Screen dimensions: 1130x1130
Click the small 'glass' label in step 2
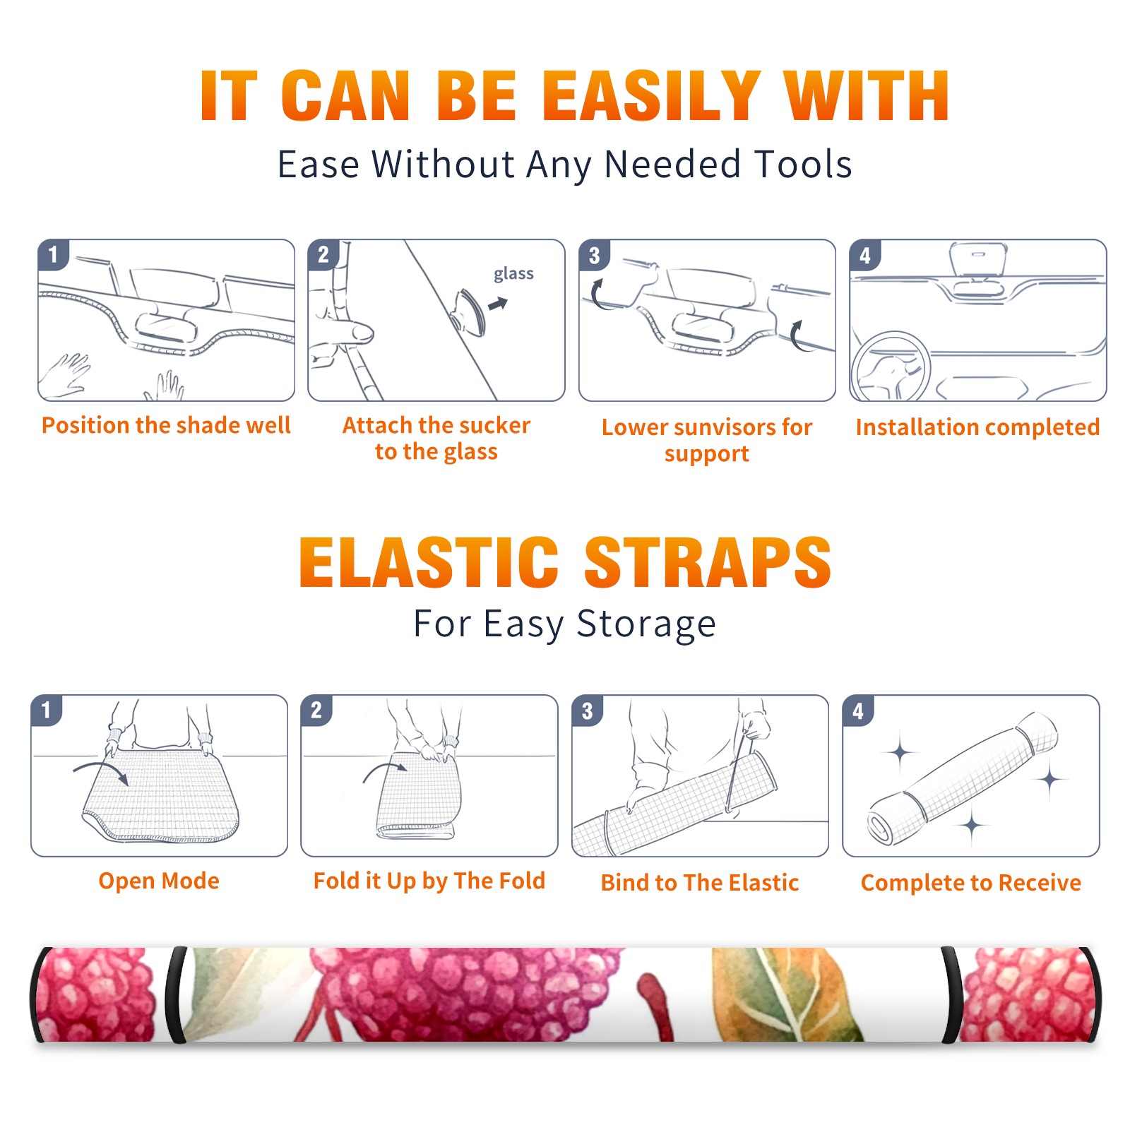(x=513, y=274)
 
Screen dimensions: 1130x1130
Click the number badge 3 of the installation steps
(x=594, y=255)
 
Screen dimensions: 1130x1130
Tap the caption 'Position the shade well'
(x=166, y=425)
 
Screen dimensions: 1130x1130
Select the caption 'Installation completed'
(x=977, y=427)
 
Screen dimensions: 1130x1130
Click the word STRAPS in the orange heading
(x=708, y=562)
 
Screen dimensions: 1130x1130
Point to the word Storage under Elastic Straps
(x=646, y=625)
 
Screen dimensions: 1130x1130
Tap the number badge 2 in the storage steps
(x=316, y=710)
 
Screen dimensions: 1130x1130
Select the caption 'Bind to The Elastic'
(x=699, y=883)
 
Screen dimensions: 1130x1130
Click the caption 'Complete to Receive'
(x=971, y=883)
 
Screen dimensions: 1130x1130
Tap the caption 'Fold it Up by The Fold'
(x=429, y=881)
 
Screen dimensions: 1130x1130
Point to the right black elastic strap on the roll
(x=951, y=994)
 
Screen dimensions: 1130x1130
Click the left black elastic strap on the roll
(x=175, y=994)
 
